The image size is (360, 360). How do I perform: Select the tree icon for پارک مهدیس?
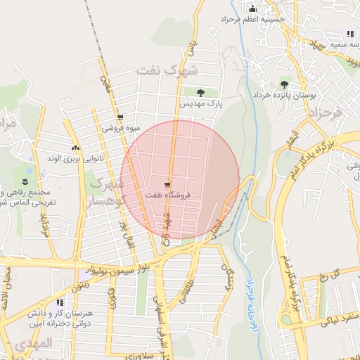pyautogui.click(x=201, y=92)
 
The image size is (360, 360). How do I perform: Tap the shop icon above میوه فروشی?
pyautogui.click(x=120, y=117)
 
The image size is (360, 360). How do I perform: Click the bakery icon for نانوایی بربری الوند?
pyautogui.click(x=75, y=148)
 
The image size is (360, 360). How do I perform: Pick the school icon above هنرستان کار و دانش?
pyautogui.click(x=59, y=303)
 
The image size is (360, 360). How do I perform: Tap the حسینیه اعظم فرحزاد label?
pyautogui.click(x=254, y=19)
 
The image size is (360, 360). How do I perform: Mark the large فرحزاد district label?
pyautogui.click(x=324, y=112)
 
